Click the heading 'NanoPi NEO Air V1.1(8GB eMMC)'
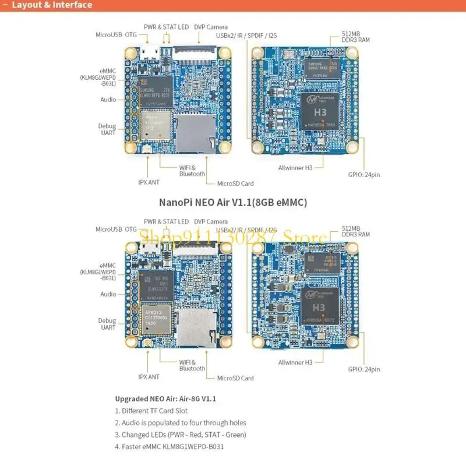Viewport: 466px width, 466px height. click(x=233, y=203)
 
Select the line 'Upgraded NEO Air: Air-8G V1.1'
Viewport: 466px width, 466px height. click(x=165, y=399)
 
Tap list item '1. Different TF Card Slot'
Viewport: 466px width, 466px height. click(x=155, y=411)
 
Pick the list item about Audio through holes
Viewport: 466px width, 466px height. click(x=180, y=422)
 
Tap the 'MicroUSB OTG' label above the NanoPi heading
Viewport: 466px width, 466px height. click(x=116, y=34)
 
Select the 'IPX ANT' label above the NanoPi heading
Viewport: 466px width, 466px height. click(x=149, y=182)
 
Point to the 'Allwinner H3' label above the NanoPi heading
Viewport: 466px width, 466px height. click(x=295, y=168)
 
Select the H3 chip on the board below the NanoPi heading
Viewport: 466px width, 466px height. click(x=318, y=305)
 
